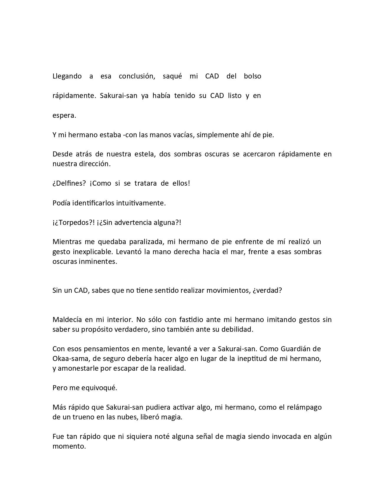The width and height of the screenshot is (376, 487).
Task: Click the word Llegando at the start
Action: point(67,76)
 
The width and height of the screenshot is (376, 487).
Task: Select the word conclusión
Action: point(137,76)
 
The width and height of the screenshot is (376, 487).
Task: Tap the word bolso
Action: point(252,76)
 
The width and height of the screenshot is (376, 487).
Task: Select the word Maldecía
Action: point(67,320)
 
